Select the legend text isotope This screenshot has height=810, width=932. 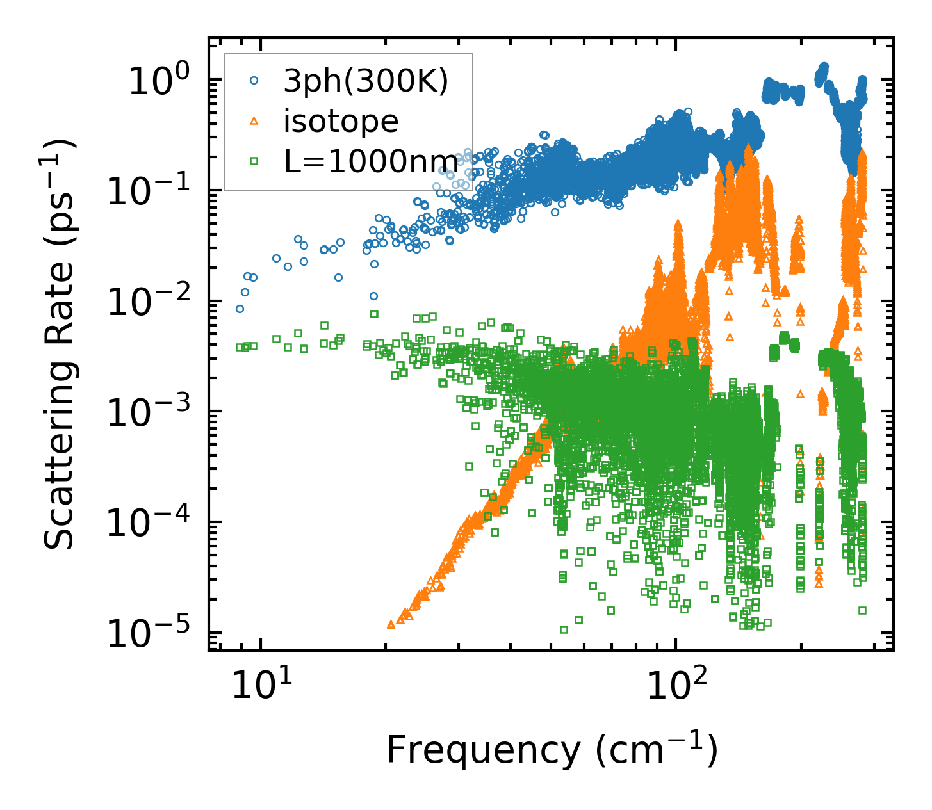click(x=341, y=121)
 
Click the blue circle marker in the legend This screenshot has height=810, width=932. click(x=254, y=81)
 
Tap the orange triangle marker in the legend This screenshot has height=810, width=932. click(x=254, y=121)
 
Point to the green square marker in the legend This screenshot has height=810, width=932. click(x=254, y=161)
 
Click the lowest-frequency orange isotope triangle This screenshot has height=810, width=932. click(x=391, y=624)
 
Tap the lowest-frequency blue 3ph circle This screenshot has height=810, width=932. click(x=240, y=309)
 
